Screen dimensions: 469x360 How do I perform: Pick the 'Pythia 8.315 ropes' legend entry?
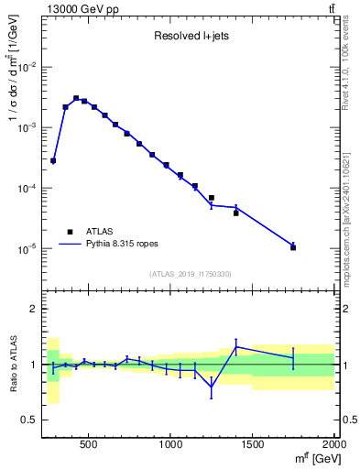point(115,245)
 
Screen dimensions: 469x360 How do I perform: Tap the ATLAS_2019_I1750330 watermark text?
point(191,274)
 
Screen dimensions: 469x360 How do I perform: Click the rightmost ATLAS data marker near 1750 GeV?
point(293,247)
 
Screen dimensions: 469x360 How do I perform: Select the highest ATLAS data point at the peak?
point(76,98)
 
